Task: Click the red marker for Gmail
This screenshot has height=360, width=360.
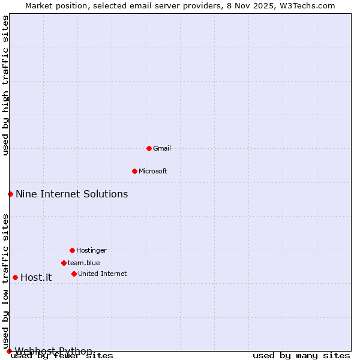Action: coord(149,148)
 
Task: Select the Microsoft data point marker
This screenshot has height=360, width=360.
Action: coord(134,171)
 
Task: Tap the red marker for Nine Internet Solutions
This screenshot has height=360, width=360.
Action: coord(10,194)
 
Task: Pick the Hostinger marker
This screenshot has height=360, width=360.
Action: coord(72,250)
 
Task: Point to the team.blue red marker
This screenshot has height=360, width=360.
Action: coord(64,263)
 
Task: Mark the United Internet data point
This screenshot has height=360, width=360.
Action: coord(74,274)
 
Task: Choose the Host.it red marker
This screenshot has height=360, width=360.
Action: coord(15,277)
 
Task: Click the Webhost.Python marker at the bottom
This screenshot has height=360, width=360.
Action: coord(9,351)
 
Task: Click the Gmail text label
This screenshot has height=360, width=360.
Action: coord(162,148)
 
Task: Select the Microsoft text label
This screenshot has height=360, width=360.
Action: coord(153,171)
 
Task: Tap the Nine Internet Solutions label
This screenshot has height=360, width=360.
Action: coord(71,194)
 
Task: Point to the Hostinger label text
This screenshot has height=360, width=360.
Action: coord(91,250)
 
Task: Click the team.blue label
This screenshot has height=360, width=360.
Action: coord(84,263)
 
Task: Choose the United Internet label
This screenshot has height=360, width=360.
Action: coord(102,274)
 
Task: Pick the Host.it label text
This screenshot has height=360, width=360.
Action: coord(36,277)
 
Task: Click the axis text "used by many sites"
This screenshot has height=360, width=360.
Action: coord(301,355)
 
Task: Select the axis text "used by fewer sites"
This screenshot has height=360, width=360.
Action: coord(62,355)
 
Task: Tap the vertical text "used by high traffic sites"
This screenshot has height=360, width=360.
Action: coord(5,85)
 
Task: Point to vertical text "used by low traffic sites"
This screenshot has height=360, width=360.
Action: coord(5,281)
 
